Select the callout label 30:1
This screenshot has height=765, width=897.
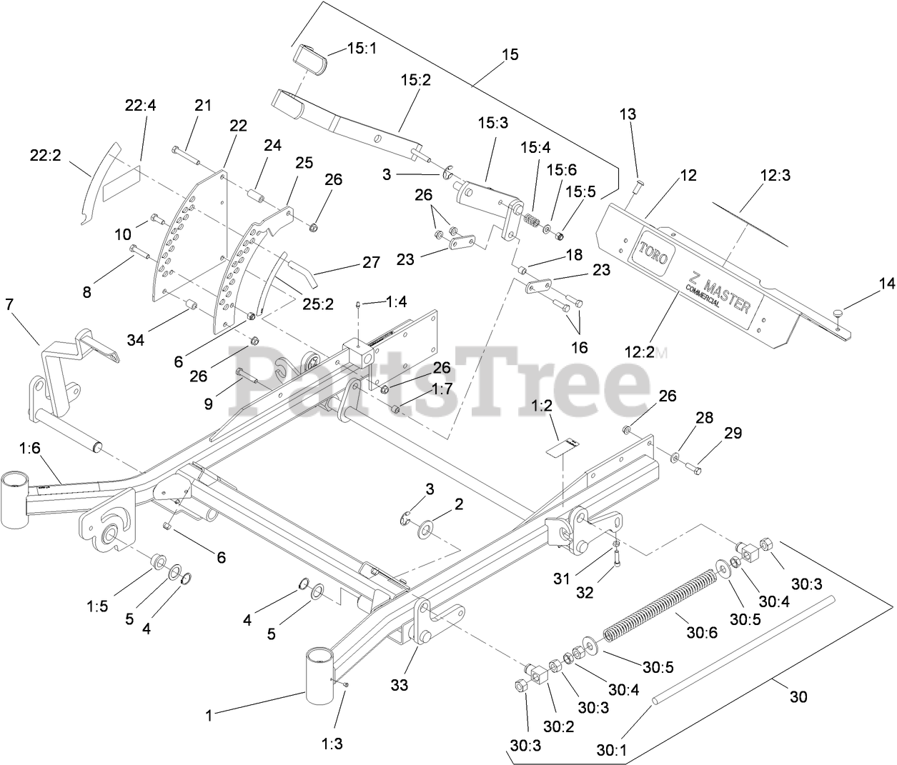click(x=612, y=750)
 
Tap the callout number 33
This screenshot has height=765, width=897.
click(x=399, y=684)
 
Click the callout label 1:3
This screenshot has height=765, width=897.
click(x=332, y=744)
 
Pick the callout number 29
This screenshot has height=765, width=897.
click(x=733, y=433)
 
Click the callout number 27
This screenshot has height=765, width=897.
click(x=371, y=262)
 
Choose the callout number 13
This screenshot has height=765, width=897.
click(x=627, y=114)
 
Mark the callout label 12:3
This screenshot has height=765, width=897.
click(x=775, y=174)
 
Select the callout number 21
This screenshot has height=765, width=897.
click(x=204, y=105)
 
